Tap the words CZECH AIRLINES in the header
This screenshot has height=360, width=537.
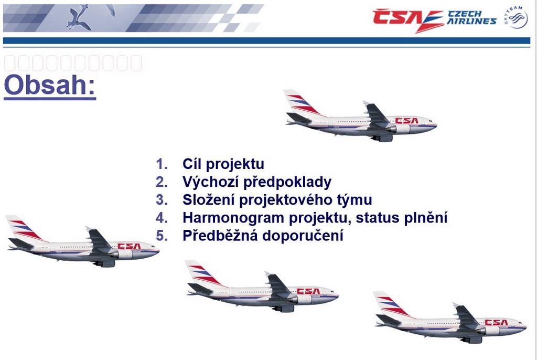point(471,18)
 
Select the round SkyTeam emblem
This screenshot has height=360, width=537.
point(515,17)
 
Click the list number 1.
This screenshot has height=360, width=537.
point(162,164)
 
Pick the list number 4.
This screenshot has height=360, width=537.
point(162,218)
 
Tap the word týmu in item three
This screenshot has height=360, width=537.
point(355,200)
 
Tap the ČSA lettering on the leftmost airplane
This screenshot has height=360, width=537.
point(129,246)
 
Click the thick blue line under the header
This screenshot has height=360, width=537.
point(266,41)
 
